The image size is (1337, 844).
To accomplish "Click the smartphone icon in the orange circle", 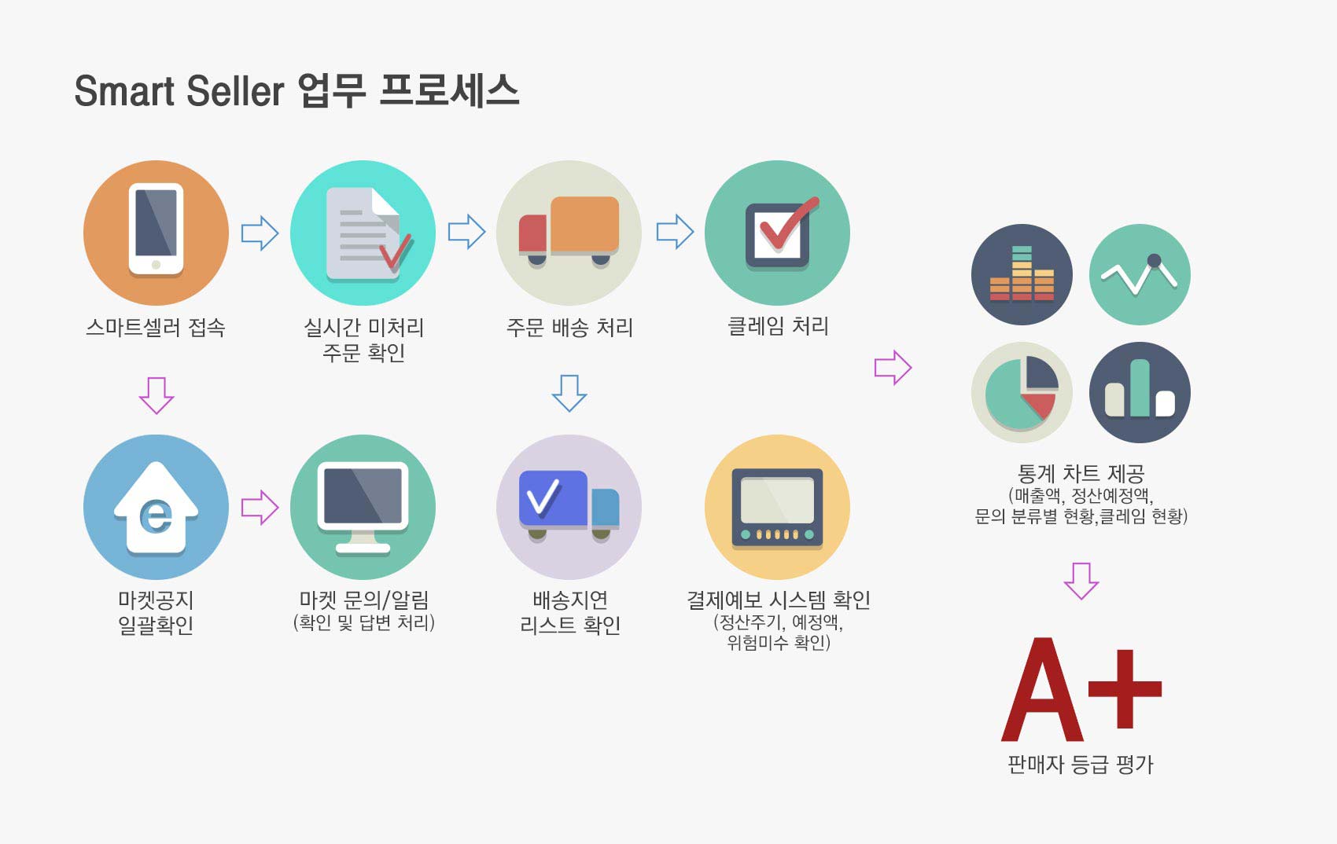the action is click(156, 229).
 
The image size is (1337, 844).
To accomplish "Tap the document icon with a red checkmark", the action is click(368, 233).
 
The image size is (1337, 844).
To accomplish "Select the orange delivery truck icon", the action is click(569, 230).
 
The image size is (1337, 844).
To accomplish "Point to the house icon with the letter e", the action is click(156, 508).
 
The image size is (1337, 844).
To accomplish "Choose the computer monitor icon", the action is click(363, 508).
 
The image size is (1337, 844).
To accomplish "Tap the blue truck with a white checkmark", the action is click(569, 505).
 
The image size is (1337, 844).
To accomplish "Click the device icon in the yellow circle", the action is click(777, 508).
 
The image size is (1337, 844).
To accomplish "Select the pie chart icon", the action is click(1022, 393).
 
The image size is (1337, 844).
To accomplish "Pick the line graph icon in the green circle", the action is click(1140, 275).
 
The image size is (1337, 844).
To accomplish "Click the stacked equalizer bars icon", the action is click(1022, 273).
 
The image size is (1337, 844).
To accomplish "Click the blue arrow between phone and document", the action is click(260, 233).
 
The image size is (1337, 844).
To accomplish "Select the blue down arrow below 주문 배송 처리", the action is click(569, 393).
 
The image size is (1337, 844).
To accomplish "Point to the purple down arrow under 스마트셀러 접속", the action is click(157, 395).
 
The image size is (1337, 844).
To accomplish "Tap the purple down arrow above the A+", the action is click(1081, 581).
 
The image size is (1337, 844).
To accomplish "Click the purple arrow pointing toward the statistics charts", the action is click(893, 368).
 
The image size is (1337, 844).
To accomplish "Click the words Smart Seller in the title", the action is click(179, 91).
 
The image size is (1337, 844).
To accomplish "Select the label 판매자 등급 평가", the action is click(1081, 764).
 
